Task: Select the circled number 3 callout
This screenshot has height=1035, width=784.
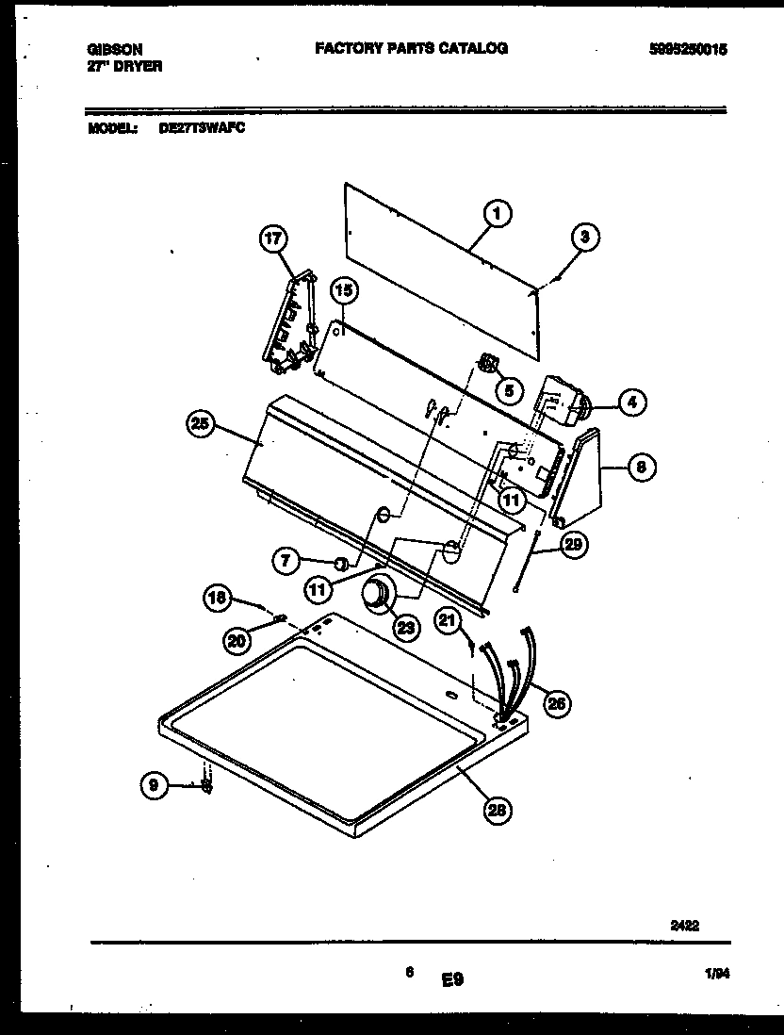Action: pyautogui.click(x=584, y=238)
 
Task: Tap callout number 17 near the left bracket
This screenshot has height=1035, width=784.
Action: pyautogui.click(x=272, y=240)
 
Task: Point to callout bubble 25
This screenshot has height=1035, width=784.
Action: pyautogui.click(x=201, y=425)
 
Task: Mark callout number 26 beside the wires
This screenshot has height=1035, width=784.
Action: pyautogui.click(x=557, y=702)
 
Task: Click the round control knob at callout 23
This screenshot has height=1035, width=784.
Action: pyautogui.click(x=379, y=595)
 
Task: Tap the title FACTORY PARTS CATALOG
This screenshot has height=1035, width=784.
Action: pyautogui.click(x=411, y=48)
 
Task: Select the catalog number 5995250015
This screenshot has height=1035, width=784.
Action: pyautogui.click(x=689, y=50)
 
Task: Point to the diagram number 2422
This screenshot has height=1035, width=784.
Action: pyautogui.click(x=684, y=927)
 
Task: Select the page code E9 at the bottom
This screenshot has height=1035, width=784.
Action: pyautogui.click(x=452, y=981)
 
